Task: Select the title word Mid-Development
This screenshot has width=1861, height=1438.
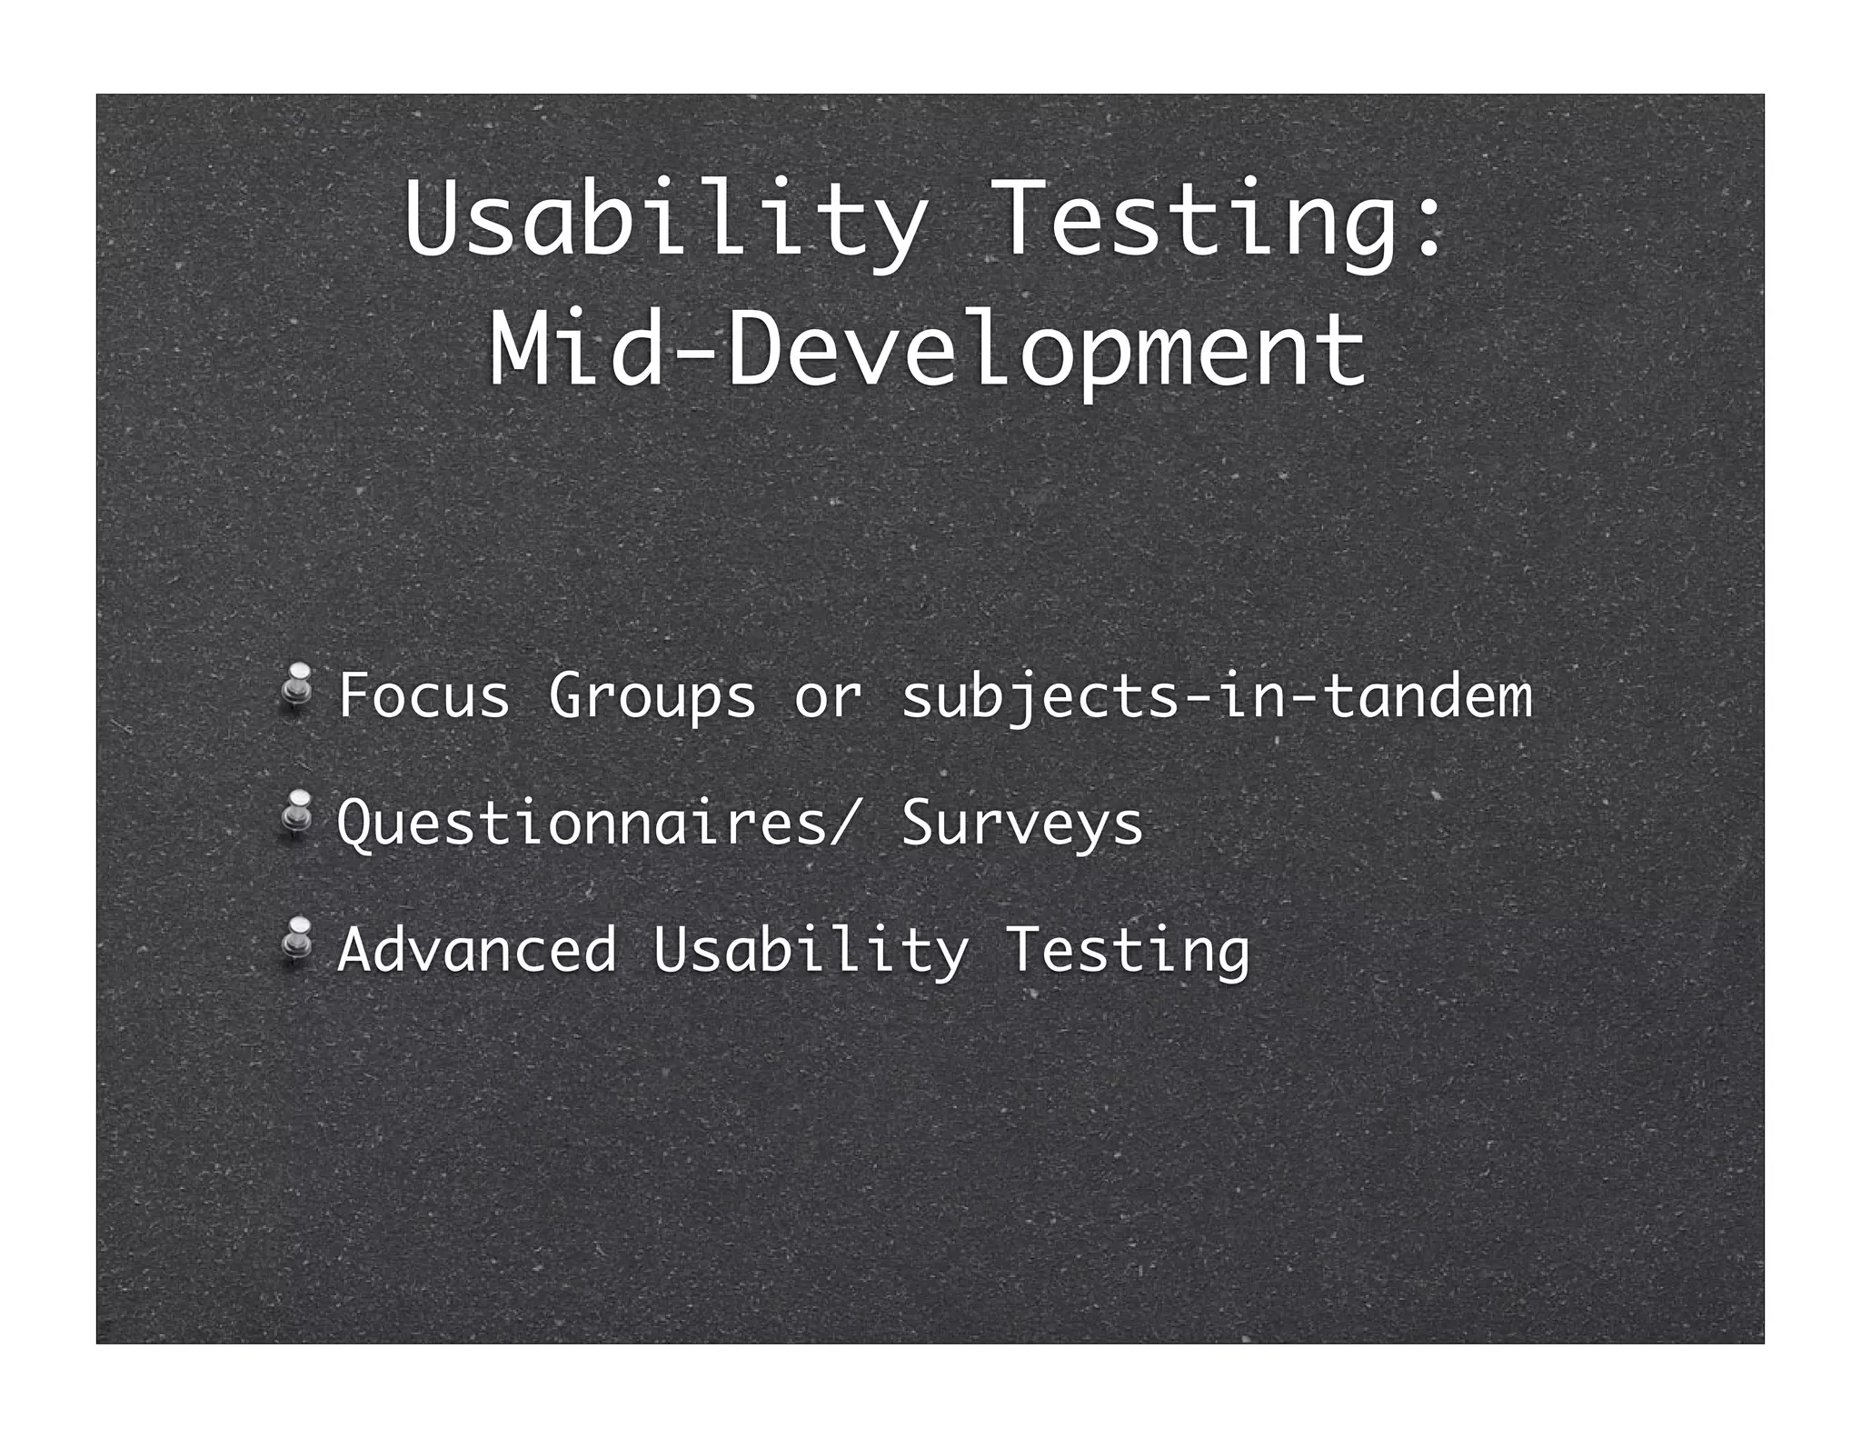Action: pyautogui.click(x=927, y=350)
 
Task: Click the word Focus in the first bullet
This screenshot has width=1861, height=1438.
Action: pyautogui.click(x=423, y=696)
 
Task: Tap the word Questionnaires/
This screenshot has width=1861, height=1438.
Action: pyautogui.click(x=596, y=824)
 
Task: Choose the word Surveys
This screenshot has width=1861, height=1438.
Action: pyautogui.click(x=1021, y=824)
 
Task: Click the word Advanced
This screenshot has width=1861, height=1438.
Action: pyautogui.click(x=476, y=951)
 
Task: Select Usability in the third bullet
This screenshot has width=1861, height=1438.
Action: pyautogui.click(x=810, y=952)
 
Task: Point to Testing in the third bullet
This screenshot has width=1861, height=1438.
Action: pyautogui.click(x=1127, y=952)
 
